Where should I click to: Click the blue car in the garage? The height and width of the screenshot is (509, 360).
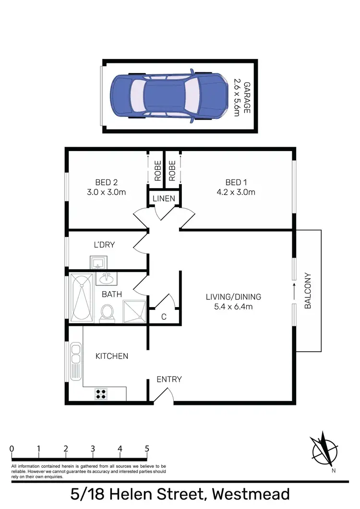[169, 96]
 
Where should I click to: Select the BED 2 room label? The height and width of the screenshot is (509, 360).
[107, 182]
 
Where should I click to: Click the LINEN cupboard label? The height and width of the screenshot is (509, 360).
[164, 199]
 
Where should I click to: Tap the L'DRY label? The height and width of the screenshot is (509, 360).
[104, 245]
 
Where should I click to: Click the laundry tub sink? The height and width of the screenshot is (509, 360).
[100, 262]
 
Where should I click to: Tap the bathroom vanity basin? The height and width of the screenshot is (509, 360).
[107, 278]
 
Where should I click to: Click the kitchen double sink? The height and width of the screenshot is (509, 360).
[75, 353]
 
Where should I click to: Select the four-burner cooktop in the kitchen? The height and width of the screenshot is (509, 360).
[101, 394]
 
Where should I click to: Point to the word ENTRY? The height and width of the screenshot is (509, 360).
[169, 379]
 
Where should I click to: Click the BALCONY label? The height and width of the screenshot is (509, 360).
[308, 291]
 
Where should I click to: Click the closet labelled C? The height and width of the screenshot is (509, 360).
[164, 316]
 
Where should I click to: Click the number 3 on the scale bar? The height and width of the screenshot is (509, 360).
[93, 449]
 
